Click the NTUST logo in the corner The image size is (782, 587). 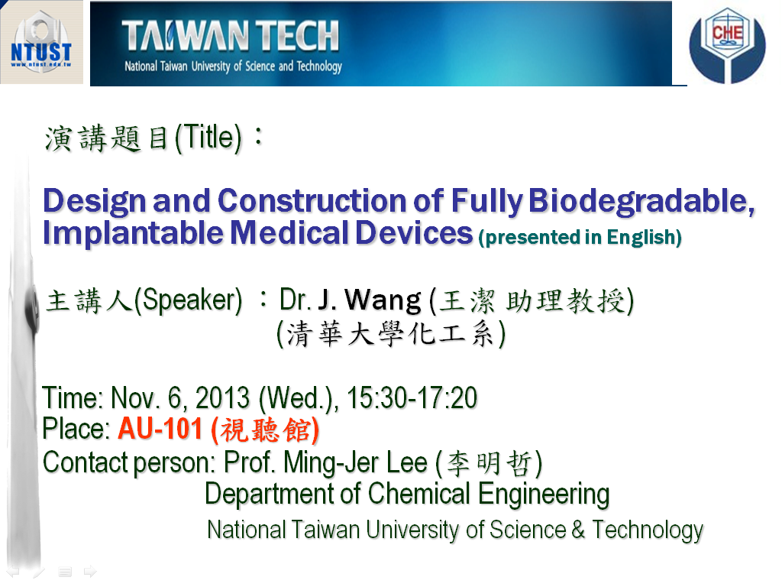[41, 42]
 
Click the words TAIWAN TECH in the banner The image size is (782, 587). [231, 36]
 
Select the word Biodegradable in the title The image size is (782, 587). [641, 202]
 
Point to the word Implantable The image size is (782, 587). [133, 234]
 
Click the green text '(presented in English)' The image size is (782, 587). [580, 238]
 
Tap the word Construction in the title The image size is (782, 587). [312, 201]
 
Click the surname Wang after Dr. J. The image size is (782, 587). [383, 301]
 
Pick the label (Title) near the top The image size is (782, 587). [208, 138]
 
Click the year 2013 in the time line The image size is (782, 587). [222, 397]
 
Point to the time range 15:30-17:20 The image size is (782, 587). [412, 397]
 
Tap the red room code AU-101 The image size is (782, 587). [160, 429]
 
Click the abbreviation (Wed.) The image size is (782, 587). [299, 399]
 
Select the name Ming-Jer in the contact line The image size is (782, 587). [331, 462]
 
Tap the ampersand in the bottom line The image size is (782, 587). [578, 530]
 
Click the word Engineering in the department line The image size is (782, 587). [544, 495]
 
